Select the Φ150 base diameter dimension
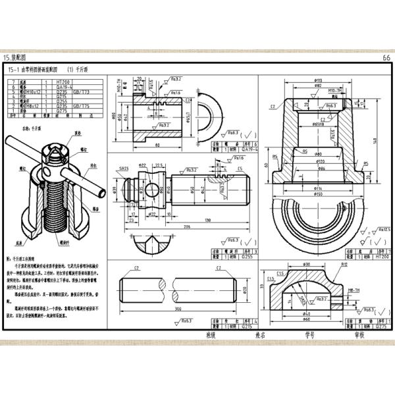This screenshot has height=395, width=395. [x=318, y=194]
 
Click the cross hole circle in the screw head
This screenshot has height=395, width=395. [x=153, y=190]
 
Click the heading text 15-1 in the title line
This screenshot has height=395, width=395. [x=13, y=68]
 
